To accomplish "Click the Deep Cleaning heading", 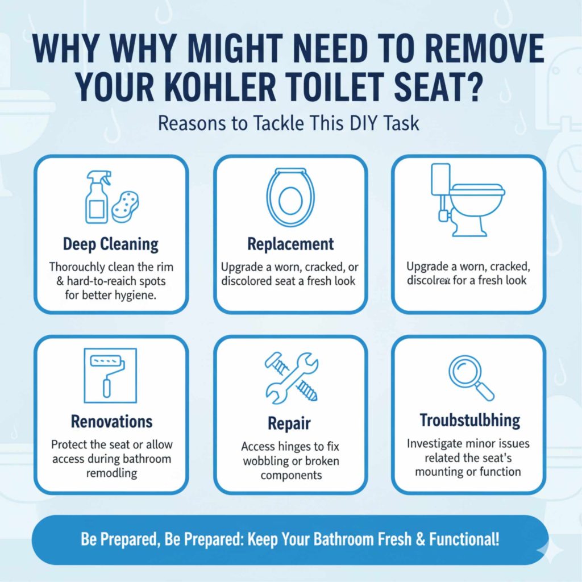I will click(111, 245).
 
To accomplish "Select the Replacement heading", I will click(290, 245).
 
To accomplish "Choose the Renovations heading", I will click(111, 422).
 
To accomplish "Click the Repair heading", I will click(290, 424).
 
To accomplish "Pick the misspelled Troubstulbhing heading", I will click(469, 421).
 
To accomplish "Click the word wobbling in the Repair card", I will click(269, 460).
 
